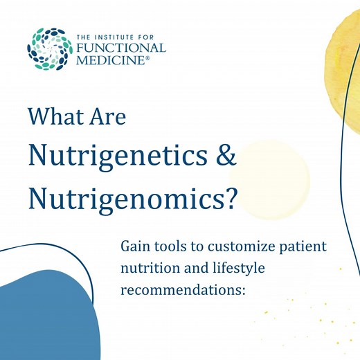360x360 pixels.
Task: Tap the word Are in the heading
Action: (x=109, y=116)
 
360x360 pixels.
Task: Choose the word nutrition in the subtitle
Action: (x=150, y=269)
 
